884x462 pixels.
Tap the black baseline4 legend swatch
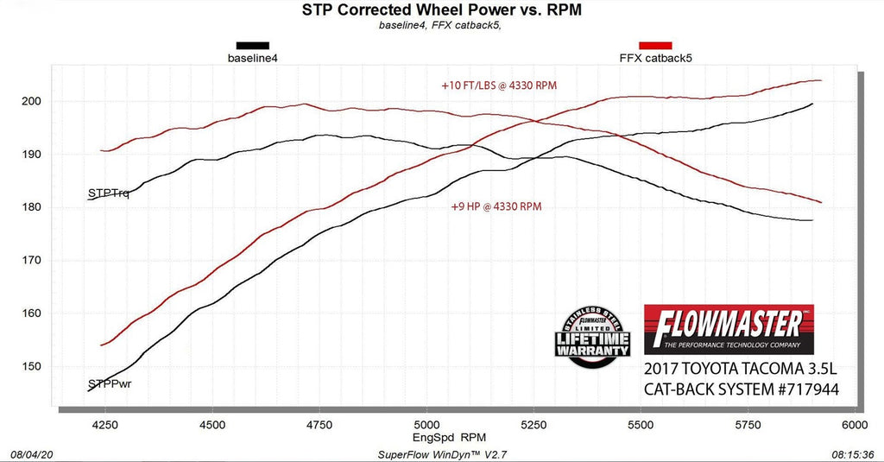[252, 45]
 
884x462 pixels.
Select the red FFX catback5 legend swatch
[655, 45]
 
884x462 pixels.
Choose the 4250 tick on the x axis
[105, 424]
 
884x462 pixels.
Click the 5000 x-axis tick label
[426, 424]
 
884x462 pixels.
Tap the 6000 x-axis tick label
[853, 424]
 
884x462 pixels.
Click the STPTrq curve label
[108, 193]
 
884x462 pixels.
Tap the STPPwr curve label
[110, 383]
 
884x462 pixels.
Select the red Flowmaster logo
[728, 328]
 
